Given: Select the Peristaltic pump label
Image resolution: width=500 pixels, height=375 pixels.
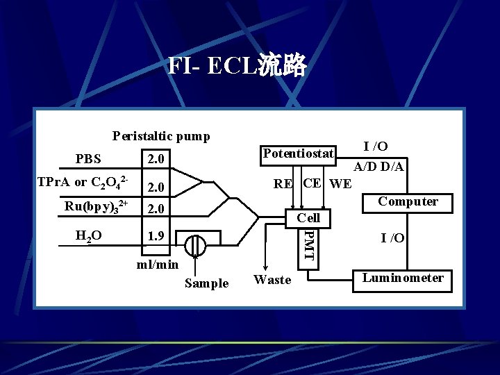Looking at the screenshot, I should coord(161,136).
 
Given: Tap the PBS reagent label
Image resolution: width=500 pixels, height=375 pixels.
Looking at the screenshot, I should coord(88,158).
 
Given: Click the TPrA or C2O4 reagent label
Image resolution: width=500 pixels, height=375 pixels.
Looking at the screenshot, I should coord(83,184).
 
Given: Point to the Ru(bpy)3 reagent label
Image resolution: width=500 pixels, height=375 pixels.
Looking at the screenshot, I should coord(96,208).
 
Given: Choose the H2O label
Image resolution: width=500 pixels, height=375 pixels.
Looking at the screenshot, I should coord(88,235).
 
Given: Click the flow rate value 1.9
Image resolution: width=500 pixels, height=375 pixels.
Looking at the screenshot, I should coord(154,236).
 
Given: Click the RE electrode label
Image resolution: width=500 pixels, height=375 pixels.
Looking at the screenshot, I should coord(283,184).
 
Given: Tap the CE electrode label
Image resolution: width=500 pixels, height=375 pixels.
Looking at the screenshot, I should coord(312,183).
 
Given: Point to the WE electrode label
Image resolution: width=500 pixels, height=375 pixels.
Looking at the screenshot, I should coord(340,184).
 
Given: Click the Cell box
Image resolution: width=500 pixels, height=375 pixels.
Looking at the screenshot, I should coord(308,218).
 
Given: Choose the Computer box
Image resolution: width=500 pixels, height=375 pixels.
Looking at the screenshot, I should coord(408,201).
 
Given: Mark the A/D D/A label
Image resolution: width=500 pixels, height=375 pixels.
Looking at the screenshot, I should coord(379,167).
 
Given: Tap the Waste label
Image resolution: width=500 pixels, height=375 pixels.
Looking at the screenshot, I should coord(273,280).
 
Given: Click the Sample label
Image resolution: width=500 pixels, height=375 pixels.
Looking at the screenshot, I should coord(206,283).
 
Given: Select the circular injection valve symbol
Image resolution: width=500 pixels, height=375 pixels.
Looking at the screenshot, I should coord(197,245).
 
